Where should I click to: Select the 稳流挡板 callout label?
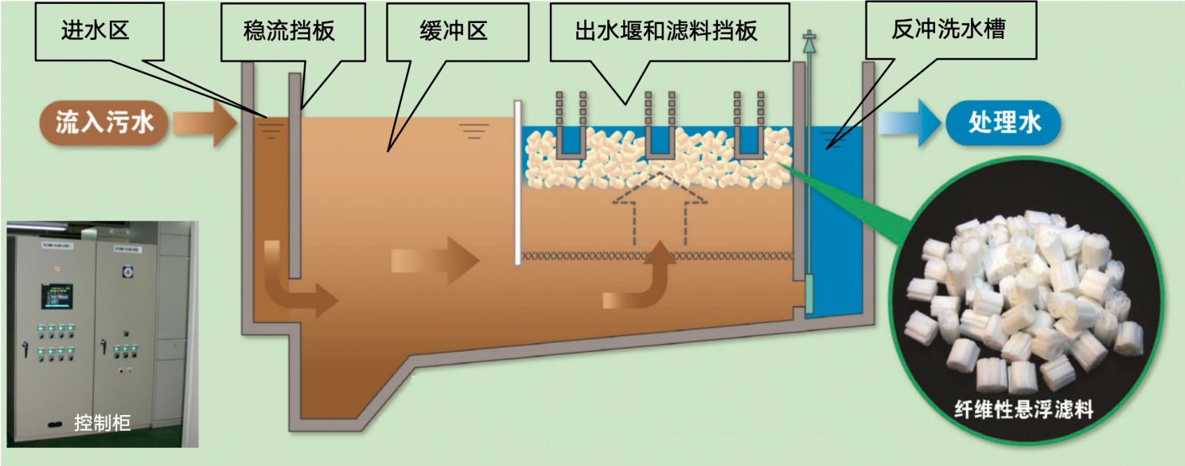(289, 31)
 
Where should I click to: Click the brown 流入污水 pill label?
(104, 122)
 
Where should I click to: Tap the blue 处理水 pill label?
(1004, 122)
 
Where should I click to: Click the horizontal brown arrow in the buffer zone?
(435, 260)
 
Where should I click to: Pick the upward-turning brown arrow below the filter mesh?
(641, 280)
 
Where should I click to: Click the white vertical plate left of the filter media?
(518, 182)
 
